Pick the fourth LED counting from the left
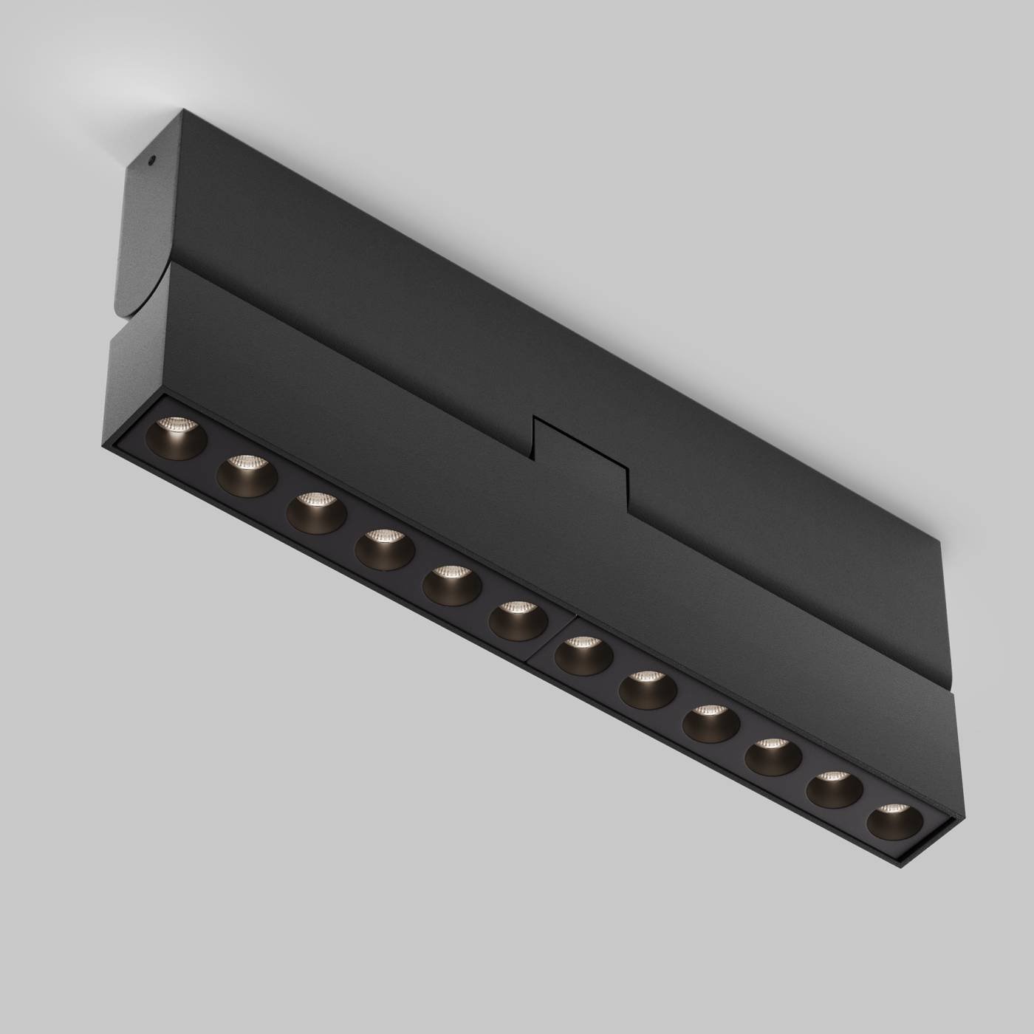coord(383,547)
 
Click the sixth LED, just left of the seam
coord(517,617)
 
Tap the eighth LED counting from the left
coord(648,688)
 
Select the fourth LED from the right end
coord(711,721)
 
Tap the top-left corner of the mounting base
coord(180,112)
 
